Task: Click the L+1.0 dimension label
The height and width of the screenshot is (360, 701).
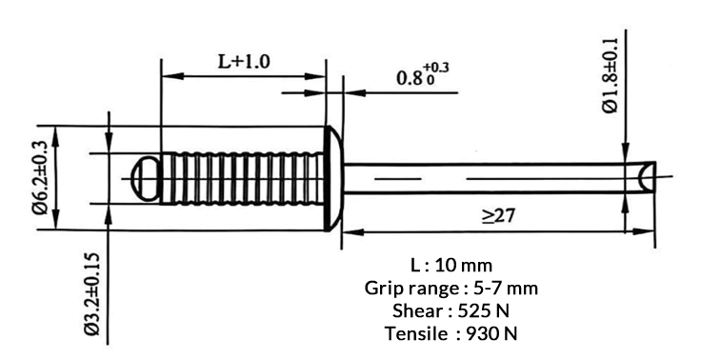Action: [244, 62]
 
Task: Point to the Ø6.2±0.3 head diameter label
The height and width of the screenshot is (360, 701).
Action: [40, 177]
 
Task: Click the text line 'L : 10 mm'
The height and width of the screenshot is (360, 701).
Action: [451, 264]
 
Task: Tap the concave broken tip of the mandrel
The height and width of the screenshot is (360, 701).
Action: [645, 177]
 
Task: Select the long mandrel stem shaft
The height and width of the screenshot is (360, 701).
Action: [486, 177]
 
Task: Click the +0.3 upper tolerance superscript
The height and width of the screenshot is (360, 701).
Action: [437, 67]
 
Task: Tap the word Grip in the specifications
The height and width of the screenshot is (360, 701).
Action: [383, 287]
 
